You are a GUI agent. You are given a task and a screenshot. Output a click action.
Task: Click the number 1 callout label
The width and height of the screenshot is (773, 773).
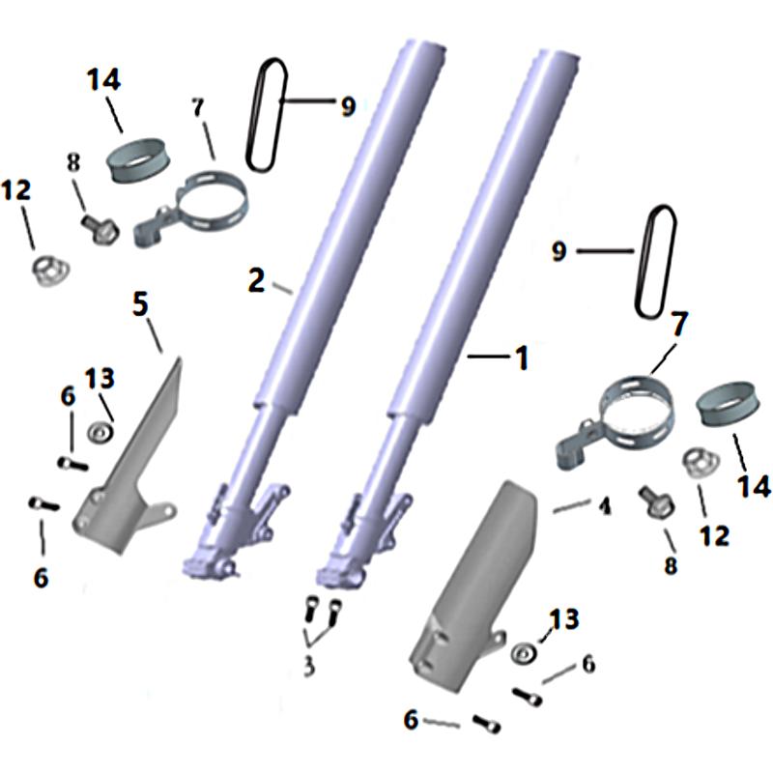pos(521,358)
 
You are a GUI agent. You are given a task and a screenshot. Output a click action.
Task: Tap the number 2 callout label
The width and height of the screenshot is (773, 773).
pos(256,280)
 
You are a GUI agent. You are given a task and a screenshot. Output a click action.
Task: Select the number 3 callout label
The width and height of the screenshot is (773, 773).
pos(308,667)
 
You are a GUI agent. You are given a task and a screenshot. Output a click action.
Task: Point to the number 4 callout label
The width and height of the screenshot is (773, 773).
pos(605,505)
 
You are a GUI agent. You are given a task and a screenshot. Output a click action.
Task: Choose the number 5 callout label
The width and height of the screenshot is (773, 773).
pos(140,304)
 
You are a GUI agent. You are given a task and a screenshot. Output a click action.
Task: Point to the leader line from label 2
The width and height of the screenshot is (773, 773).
pos(282,288)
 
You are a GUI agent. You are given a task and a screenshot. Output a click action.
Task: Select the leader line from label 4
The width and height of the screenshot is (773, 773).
pos(571,506)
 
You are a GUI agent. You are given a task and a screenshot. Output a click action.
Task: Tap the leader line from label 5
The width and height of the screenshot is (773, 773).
pos(155,336)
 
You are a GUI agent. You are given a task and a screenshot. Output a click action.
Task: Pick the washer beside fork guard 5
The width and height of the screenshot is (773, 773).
pos(100,432)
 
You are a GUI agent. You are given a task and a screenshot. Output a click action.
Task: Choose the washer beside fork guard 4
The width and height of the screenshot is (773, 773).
pos(524,654)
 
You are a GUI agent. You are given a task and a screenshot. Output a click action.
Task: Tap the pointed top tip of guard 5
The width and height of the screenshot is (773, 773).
pos(179,358)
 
